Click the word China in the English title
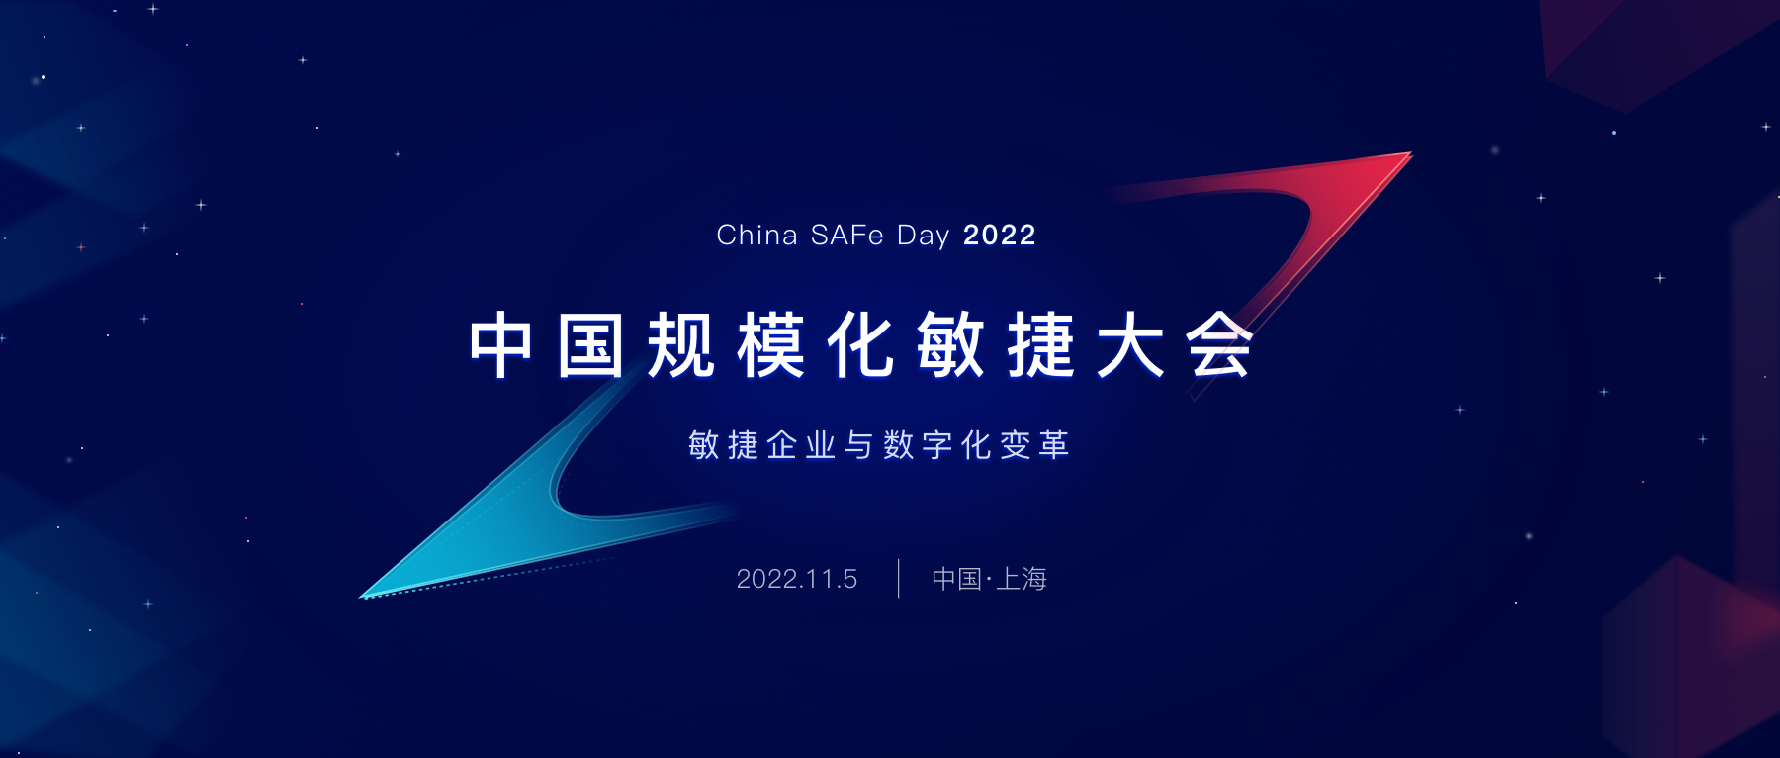(756, 236)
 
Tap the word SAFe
(847, 236)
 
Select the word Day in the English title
(923, 237)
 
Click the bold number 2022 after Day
(999, 236)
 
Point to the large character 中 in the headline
(501, 345)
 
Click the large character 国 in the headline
(590, 345)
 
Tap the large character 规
(681, 345)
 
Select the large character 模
(771, 345)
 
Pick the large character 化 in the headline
(861, 345)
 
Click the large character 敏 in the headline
(951, 345)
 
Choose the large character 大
(1130, 345)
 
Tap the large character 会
(1220, 345)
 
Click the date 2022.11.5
(797, 579)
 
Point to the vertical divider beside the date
(898, 579)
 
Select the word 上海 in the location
(1022, 579)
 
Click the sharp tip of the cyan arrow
(361, 598)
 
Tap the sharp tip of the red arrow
(1411, 152)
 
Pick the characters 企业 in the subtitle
(801, 445)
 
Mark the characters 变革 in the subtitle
(1035, 445)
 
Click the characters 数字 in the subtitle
(919, 445)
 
